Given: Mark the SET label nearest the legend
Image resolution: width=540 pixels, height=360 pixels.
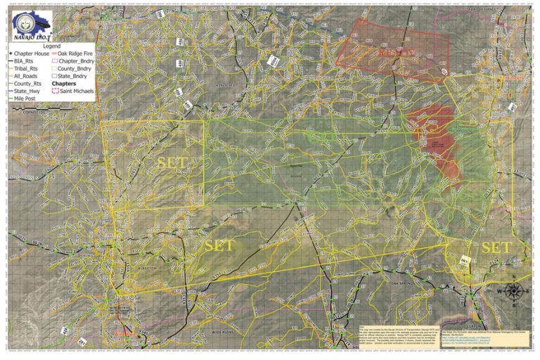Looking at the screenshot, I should click(172, 162).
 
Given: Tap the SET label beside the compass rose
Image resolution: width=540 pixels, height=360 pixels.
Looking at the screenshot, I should click(496, 247).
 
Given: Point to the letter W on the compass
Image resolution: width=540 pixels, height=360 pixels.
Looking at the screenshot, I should click(499, 291).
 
